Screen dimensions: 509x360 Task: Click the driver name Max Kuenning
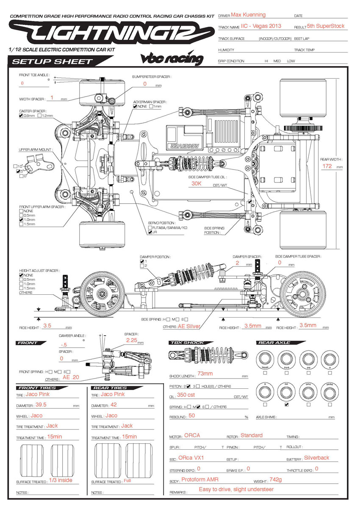248,15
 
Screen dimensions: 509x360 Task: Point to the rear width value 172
327,166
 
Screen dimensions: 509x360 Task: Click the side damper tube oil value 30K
197,184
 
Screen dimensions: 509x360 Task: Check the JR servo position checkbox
150,232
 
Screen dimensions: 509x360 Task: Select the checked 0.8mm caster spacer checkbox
21,116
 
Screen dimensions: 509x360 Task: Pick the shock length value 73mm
205,374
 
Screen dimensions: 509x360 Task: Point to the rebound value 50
192,416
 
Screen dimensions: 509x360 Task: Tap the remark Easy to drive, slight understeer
236,490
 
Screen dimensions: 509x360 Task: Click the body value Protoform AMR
200,480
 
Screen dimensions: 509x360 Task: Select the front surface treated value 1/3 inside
61,480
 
